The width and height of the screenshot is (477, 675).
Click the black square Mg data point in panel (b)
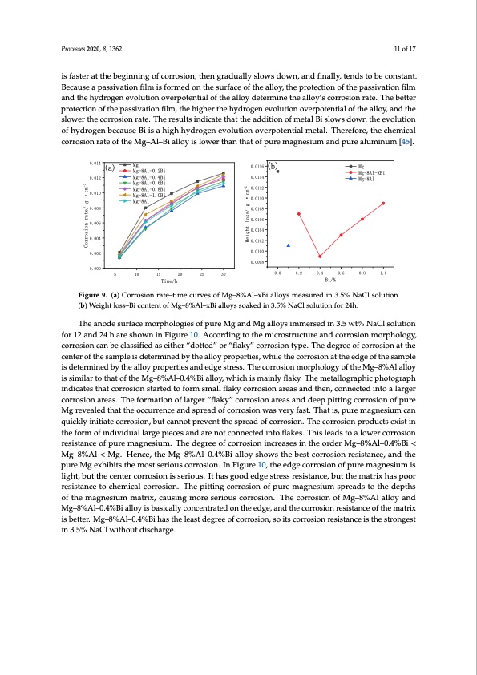[278, 172]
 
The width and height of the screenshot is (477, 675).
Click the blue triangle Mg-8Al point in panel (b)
[289, 245]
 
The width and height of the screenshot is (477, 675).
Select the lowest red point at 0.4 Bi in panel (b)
[320, 257]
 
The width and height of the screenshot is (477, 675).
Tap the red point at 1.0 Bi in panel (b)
[383, 203]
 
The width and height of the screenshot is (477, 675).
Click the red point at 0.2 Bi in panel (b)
[299, 214]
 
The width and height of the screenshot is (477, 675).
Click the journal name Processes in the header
[75, 49]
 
